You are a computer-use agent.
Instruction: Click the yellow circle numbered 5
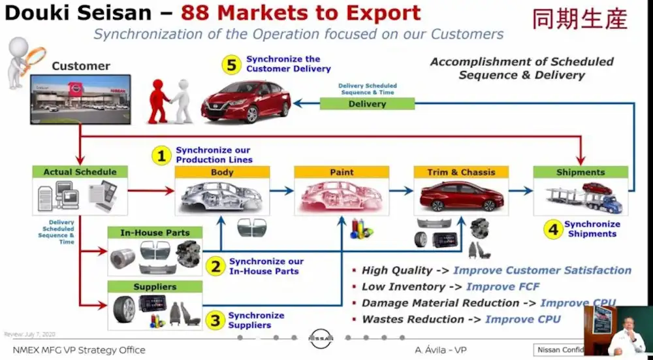pos(231,65)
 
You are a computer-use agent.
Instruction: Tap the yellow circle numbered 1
pos(161,155)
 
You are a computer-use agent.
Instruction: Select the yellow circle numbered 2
pos(215,266)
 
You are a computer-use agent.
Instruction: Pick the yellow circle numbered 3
pos(215,320)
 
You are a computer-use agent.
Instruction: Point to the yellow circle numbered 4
pos(553,229)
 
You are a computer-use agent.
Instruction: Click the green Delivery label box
pos(367,104)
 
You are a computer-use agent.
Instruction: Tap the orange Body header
pos(222,172)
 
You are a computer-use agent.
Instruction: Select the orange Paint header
pos(342,172)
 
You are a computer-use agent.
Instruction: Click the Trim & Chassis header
pos(461,172)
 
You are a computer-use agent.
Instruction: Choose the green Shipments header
pos(581,172)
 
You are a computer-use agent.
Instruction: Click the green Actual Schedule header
pos(80,172)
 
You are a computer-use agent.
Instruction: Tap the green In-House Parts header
pos(155,233)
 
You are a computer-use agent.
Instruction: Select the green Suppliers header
pos(155,287)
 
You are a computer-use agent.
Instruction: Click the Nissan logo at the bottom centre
pos(321,338)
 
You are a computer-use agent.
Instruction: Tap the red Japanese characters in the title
pos(579,20)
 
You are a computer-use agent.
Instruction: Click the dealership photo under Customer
pos(80,99)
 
